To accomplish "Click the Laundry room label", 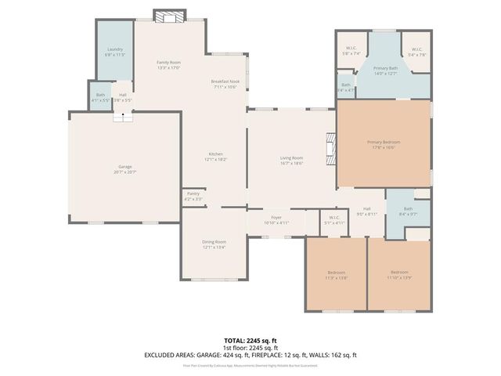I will coord(115,52).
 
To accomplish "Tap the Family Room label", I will coord(168,65).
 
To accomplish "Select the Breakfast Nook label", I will coord(225,84).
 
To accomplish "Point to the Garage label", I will coord(124,168).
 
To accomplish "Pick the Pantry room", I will coord(193,197).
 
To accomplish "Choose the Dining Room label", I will coord(214,244).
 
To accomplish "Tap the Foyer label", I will coord(276,219).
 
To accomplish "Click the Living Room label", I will coord(291,161).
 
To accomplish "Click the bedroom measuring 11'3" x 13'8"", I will coord(336,274).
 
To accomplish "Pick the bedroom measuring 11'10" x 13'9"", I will coord(398,274).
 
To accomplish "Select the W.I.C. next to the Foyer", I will coord(333,219).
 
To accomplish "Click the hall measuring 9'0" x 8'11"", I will coord(366,211).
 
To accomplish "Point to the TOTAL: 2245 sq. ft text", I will coord(250,341).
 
